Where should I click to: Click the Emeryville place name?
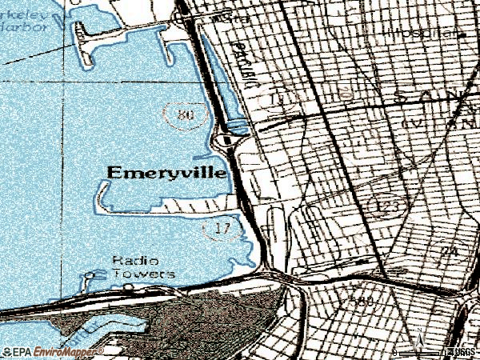[x=166, y=172]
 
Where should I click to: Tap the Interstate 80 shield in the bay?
[x=186, y=114]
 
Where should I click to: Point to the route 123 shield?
[x=385, y=206]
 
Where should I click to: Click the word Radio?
[x=135, y=261]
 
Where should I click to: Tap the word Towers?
[x=143, y=274]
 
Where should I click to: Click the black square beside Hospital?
[x=462, y=34]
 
